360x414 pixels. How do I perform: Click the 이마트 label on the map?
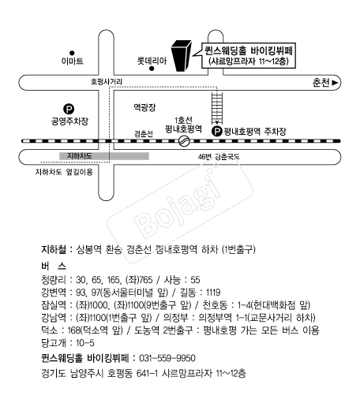tap(73, 62)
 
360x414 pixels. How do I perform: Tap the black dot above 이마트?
tap(72, 53)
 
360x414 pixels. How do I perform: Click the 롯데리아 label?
tap(152, 61)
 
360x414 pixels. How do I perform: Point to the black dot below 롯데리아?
tap(152, 69)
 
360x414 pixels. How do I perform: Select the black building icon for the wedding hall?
tap(182, 56)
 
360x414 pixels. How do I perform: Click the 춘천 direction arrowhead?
tap(335, 83)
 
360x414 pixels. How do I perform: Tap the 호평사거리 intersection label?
tap(107, 81)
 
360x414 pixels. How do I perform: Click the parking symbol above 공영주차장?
tap(69, 109)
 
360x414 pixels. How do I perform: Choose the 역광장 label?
tap(144, 107)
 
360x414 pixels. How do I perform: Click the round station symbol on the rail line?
tap(184, 140)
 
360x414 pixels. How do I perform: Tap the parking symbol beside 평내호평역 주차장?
tap(217, 131)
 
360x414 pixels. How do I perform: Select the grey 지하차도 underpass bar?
tap(104, 156)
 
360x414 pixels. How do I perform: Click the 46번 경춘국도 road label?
tap(219, 157)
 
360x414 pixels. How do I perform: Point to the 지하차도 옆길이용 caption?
tap(64, 172)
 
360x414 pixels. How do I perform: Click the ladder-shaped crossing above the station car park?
tap(217, 108)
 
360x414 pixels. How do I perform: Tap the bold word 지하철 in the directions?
tap(54, 249)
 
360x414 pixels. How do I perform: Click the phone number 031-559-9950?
tap(167, 358)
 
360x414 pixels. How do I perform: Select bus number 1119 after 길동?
tap(213, 293)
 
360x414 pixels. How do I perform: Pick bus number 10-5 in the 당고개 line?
tap(85, 343)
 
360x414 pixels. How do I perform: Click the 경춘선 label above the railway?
tap(143, 134)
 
